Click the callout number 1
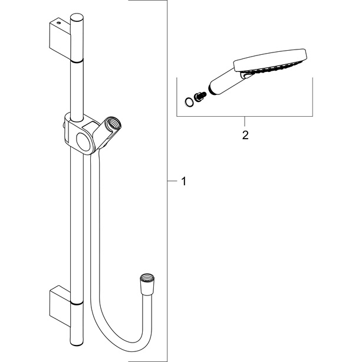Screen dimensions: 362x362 [183, 181]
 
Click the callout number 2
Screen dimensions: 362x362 [245, 135]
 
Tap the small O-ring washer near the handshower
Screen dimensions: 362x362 [189, 102]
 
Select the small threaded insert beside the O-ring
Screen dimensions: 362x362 [200, 97]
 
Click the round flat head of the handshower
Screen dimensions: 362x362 [271, 60]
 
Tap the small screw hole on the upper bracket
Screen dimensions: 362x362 [58, 23]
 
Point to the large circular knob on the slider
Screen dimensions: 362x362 [84, 141]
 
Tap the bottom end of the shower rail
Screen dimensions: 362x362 [76, 343]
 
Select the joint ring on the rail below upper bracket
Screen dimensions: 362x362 [76, 61]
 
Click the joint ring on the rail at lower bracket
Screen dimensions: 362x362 [76, 303]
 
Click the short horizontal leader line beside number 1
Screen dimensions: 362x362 [172, 181]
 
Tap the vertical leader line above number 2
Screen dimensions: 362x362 [245, 121]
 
